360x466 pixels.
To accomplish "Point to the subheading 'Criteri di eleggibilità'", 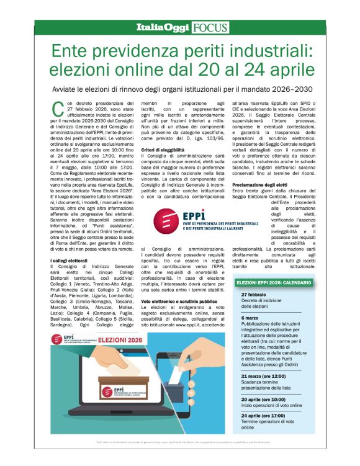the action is point(163,150).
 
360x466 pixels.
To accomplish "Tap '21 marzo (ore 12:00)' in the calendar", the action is point(263,376).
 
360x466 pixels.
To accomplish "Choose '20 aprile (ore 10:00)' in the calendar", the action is point(263,399).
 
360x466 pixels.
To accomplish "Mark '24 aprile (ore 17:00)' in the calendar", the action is point(263,415).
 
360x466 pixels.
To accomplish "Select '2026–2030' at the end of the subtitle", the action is point(307,88).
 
